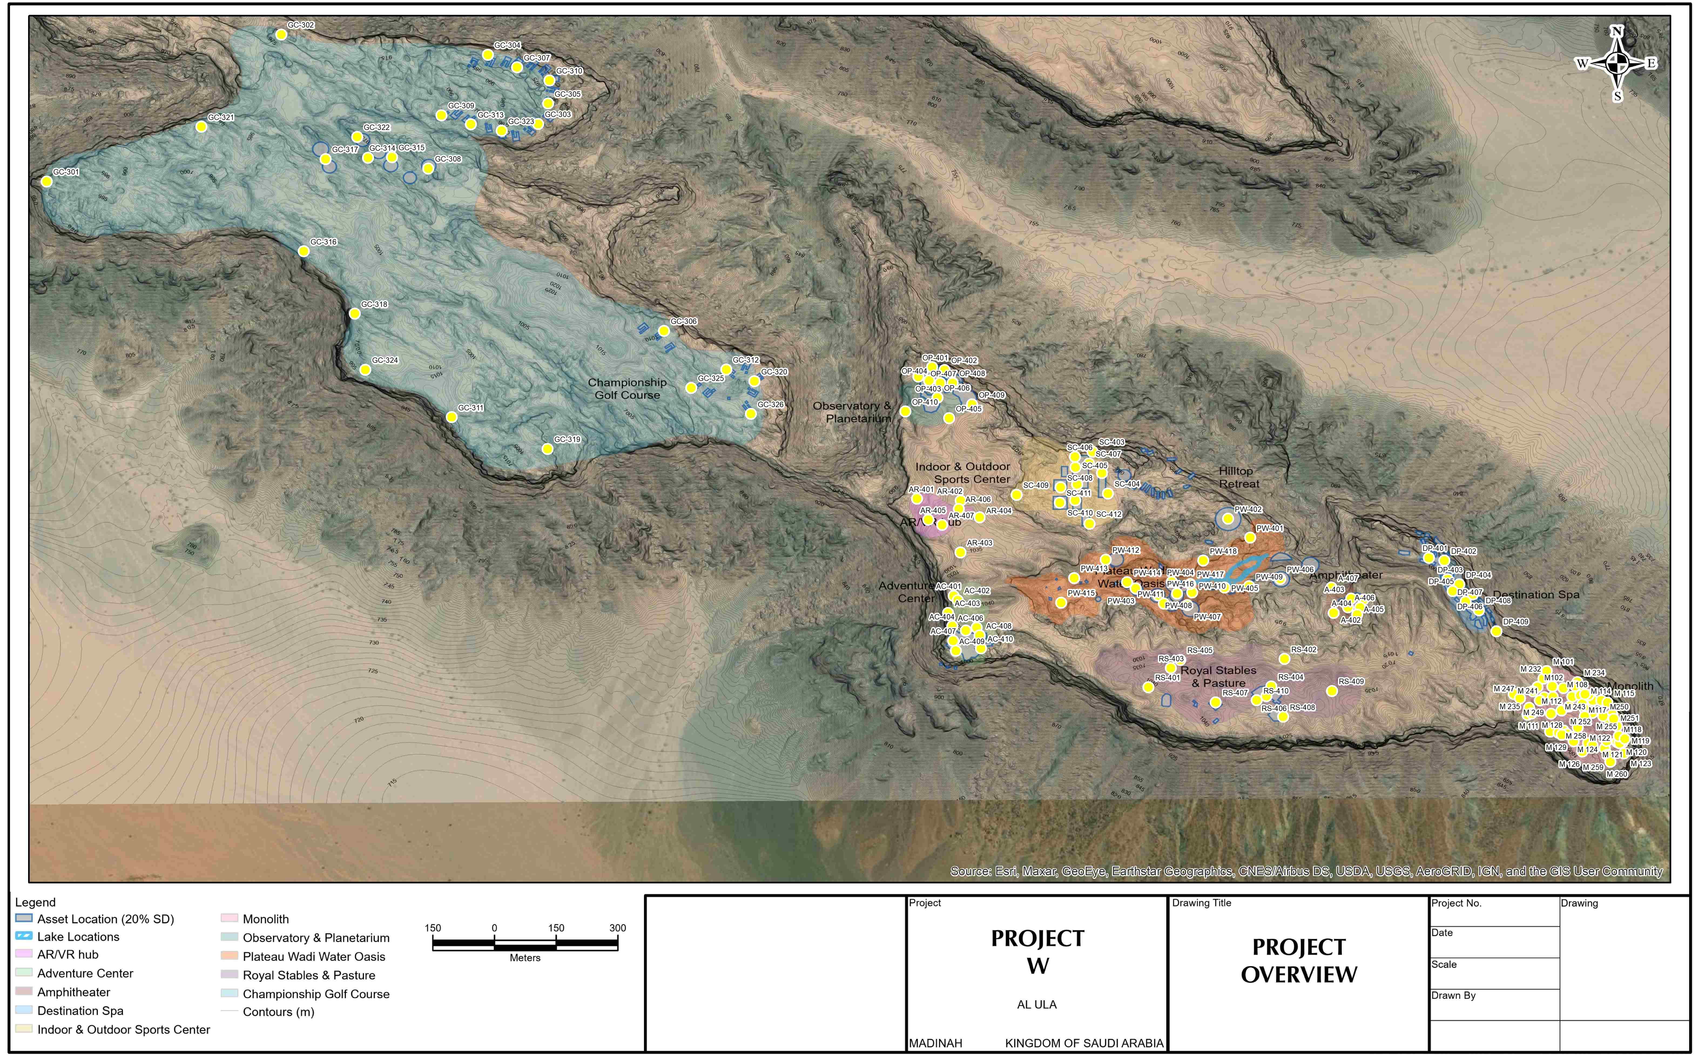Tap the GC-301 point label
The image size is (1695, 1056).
(66, 172)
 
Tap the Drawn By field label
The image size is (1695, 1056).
(1454, 995)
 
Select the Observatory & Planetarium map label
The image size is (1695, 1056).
(852, 412)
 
